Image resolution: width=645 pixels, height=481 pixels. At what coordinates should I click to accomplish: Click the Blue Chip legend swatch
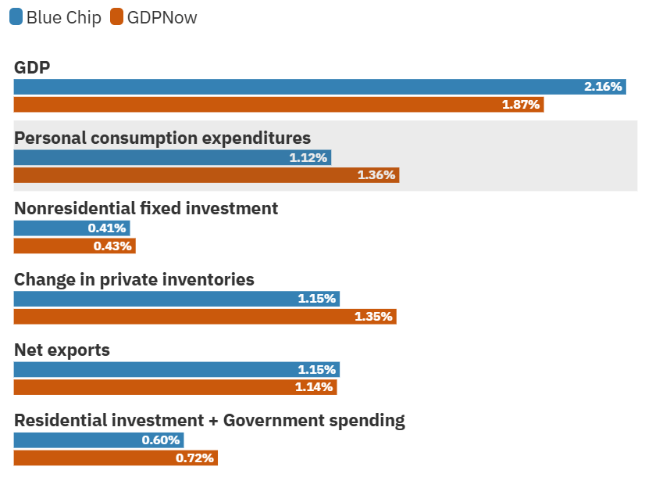[x=16, y=17]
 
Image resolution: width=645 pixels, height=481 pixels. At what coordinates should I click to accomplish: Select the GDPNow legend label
[x=162, y=17]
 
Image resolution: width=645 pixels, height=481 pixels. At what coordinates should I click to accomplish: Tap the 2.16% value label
[x=603, y=87]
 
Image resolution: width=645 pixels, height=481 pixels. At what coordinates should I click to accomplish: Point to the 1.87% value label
[x=521, y=104]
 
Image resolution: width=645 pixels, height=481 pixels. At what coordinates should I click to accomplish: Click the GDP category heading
[x=32, y=67]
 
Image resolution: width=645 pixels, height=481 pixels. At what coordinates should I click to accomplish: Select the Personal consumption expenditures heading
[x=162, y=138]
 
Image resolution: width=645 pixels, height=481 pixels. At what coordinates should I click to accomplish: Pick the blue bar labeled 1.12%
[x=172, y=157]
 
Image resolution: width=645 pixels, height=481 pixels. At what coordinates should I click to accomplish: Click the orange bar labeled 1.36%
[x=206, y=175]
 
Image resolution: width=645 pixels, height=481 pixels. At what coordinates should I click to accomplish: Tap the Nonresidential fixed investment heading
[x=146, y=208]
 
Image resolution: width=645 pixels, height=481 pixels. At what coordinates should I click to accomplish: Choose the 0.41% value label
[x=107, y=228]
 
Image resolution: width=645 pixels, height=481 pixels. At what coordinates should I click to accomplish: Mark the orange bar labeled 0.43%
[x=74, y=246]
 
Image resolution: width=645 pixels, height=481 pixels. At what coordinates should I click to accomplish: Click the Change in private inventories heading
[x=134, y=279]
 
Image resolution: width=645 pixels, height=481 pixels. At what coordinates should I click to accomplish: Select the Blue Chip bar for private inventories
[x=176, y=299]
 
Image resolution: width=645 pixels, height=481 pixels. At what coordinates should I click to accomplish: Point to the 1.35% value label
[x=374, y=317]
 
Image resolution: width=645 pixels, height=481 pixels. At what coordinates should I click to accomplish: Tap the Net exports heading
[x=62, y=350]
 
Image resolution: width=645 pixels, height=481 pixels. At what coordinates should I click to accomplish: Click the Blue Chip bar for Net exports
[x=176, y=369]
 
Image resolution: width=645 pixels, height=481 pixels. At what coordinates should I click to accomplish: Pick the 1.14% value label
[x=315, y=387]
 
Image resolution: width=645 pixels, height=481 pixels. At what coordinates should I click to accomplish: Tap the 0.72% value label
[x=194, y=458]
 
